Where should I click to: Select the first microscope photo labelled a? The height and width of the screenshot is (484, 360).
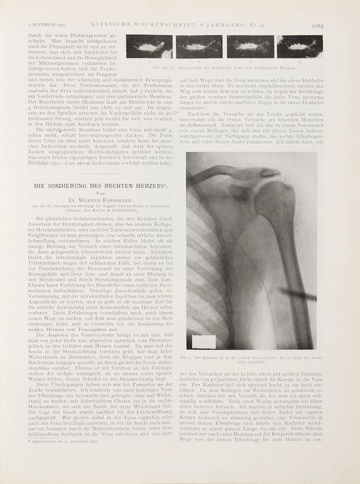pos(149,47)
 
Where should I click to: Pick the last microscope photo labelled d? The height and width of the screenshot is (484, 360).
pos(300,47)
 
